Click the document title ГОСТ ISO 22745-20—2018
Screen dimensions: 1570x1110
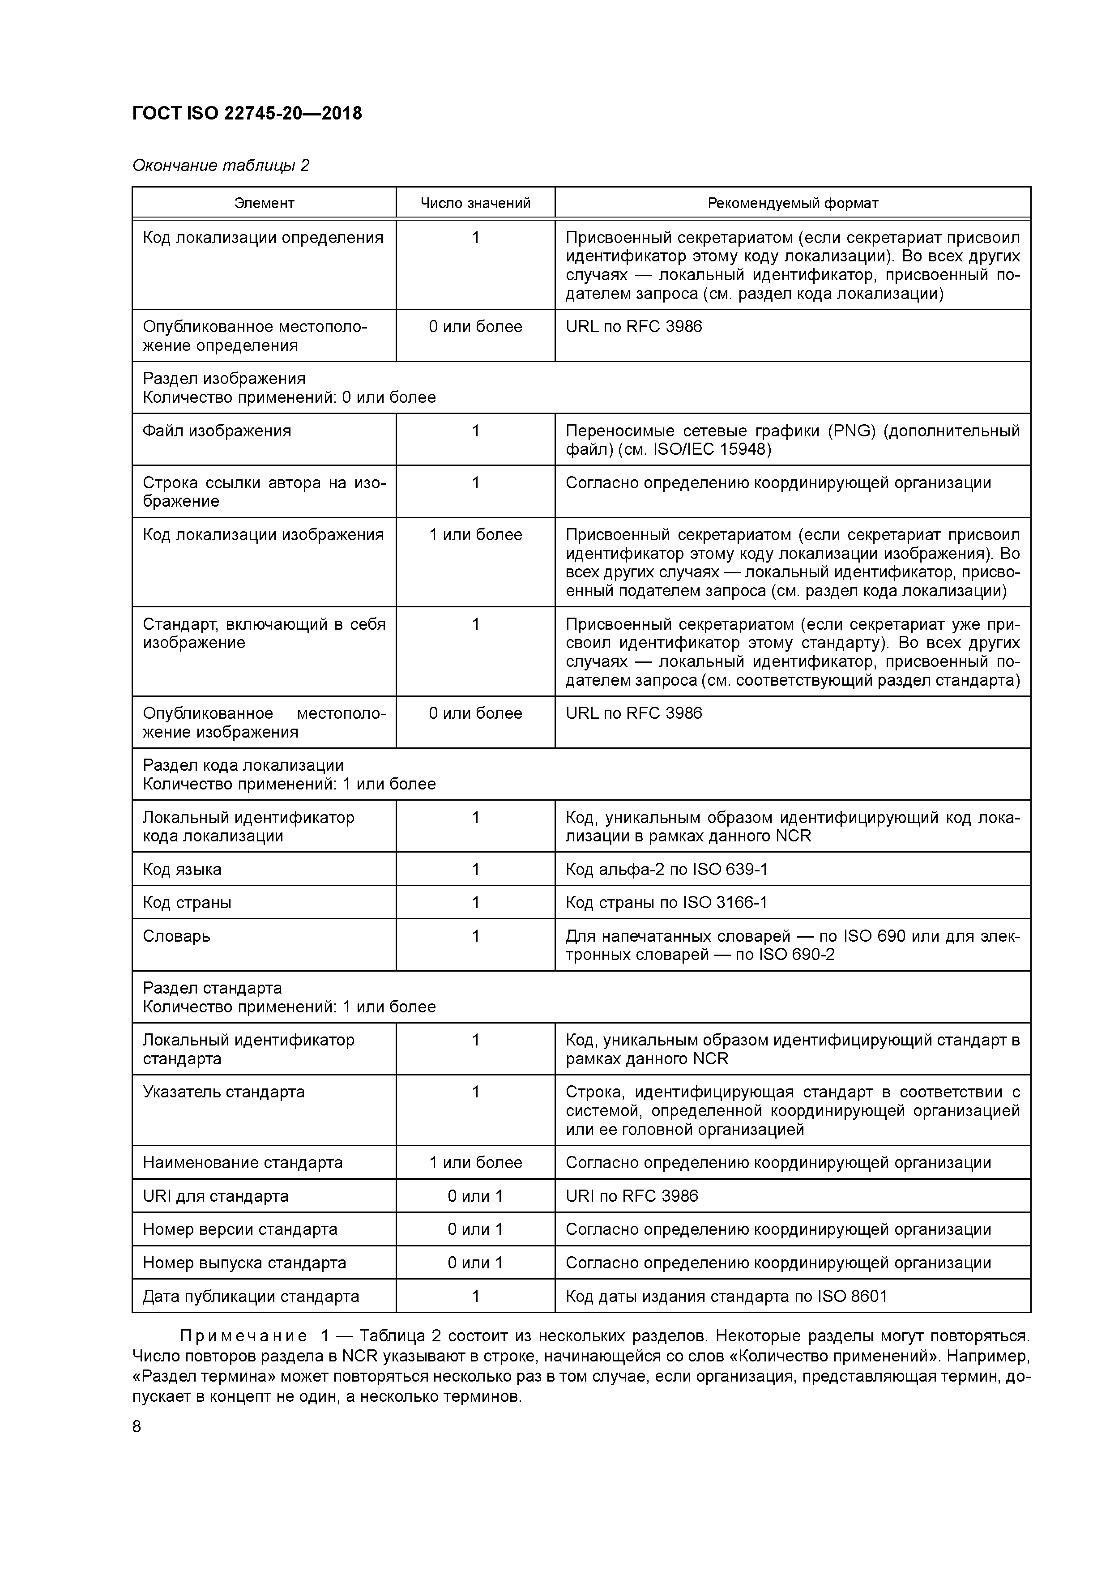pyautogui.click(x=247, y=113)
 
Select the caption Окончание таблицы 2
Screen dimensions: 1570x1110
pyautogui.click(x=220, y=166)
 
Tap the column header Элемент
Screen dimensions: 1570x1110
pyautogui.click(x=264, y=203)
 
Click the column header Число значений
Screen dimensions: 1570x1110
pyautogui.click(x=475, y=203)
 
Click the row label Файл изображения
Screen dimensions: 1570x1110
pyautogui.click(x=217, y=431)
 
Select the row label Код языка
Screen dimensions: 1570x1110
pyautogui.click(x=182, y=869)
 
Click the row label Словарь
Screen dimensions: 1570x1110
pyautogui.click(x=176, y=936)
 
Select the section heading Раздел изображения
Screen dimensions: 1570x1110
pyautogui.click(x=224, y=378)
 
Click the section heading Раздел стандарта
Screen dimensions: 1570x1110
pyautogui.click(x=212, y=988)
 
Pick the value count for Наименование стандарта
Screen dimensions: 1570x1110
pyautogui.click(x=475, y=1162)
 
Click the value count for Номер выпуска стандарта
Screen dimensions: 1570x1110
pyautogui.click(x=475, y=1263)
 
